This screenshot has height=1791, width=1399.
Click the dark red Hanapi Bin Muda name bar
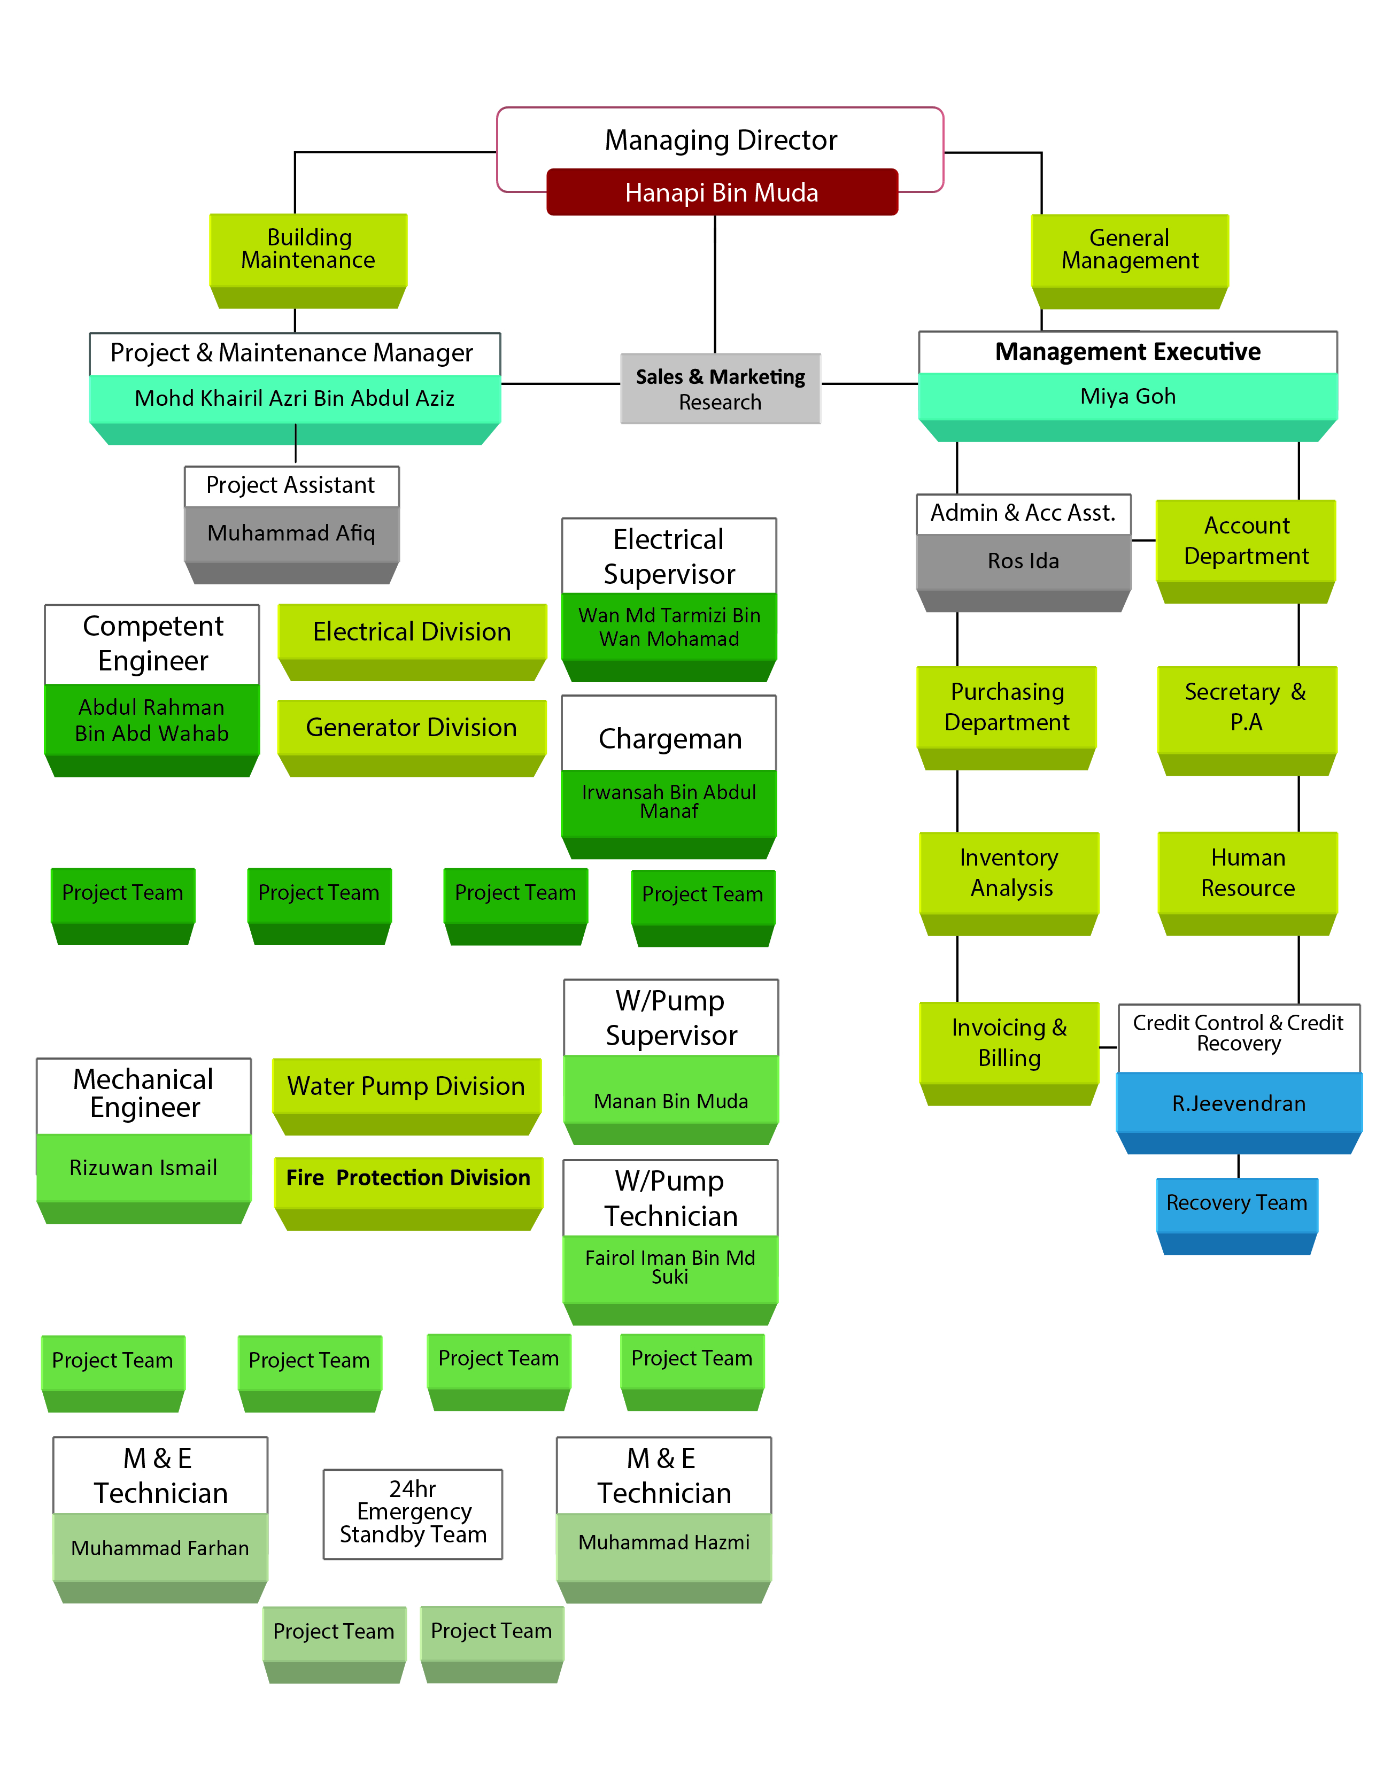coord(722,192)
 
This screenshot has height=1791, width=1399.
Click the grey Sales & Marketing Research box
coord(720,389)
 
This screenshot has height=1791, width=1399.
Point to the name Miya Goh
coord(1127,397)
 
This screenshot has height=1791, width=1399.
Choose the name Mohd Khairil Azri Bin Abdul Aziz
coord(295,398)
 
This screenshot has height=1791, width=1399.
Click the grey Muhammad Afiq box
coord(291,534)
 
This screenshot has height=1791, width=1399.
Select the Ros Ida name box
coord(1023,562)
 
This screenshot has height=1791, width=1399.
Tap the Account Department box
coord(1246,541)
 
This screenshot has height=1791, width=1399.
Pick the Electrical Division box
coord(412,632)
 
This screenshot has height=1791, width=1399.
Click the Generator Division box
coord(412,728)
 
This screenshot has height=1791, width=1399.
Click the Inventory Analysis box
coord(1009,874)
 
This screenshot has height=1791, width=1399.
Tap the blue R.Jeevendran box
coord(1238,1104)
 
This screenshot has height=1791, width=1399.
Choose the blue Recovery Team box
coord(1236,1204)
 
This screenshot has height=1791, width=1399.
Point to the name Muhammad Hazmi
coord(663,1543)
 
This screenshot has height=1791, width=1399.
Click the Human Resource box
coord(1247,874)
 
